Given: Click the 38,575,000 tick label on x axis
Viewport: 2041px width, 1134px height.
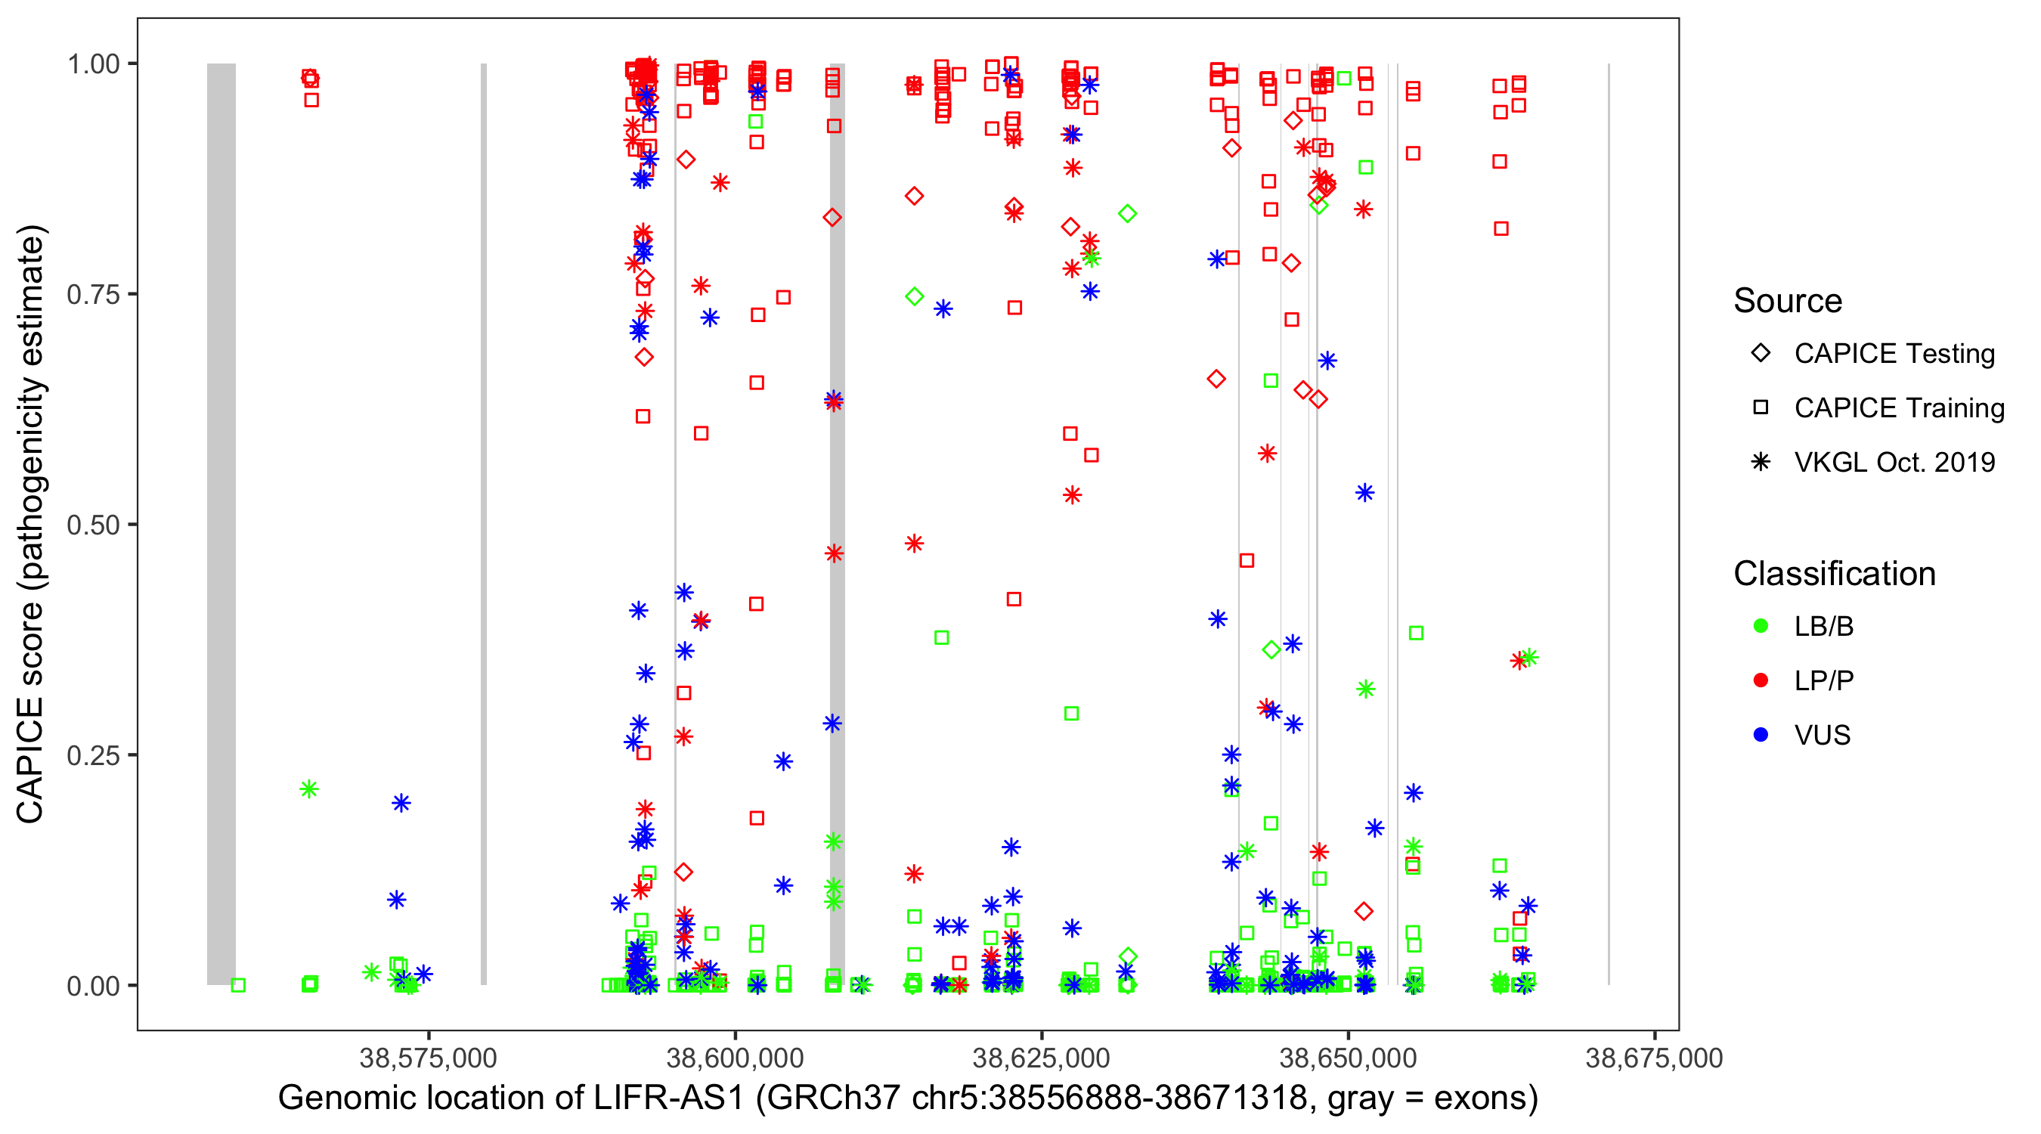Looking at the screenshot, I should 428,1058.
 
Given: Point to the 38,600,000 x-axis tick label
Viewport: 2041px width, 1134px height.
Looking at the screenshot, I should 735,1058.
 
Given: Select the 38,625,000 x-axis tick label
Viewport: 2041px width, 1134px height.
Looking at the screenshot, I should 1041,1058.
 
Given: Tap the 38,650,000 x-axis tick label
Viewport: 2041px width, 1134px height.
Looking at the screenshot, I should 1348,1058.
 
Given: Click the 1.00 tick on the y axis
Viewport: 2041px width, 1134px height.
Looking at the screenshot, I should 93,64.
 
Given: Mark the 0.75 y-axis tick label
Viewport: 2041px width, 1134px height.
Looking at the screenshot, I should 93,294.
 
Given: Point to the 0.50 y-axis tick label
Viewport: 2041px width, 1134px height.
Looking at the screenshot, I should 93,525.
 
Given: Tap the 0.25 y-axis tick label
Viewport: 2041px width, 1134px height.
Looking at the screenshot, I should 93,755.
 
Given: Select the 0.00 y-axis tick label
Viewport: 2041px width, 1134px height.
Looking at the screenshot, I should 93,986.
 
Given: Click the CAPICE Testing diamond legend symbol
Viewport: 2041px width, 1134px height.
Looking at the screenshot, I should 1761,354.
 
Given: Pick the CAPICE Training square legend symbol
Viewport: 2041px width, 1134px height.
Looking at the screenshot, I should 1761,407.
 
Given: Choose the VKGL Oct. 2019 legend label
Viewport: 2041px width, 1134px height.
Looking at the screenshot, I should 1894,462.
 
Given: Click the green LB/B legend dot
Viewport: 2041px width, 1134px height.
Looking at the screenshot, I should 1761,626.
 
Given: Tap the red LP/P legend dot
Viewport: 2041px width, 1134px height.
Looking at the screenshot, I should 1761,680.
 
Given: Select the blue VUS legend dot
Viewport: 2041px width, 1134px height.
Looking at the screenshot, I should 1761,736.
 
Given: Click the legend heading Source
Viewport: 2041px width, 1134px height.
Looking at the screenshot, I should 1788,301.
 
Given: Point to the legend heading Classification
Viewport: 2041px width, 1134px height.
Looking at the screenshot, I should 1834,574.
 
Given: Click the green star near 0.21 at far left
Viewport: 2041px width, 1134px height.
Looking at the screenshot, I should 309,789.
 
